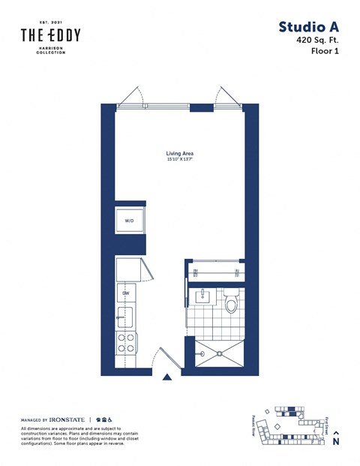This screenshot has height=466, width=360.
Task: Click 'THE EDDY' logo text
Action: [x=50, y=35]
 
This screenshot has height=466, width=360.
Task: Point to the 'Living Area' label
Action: [x=179, y=152]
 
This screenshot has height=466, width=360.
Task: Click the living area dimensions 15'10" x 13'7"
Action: [x=179, y=159]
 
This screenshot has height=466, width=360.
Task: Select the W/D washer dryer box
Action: [x=129, y=221]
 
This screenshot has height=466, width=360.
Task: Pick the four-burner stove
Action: [x=126, y=343]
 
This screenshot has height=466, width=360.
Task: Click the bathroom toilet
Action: [x=232, y=302]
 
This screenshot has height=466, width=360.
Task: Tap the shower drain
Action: [x=219, y=352]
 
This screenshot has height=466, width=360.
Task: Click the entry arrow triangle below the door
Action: [x=168, y=377]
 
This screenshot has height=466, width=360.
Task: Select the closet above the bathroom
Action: [x=215, y=272]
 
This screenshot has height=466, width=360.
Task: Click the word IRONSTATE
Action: [x=67, y=419]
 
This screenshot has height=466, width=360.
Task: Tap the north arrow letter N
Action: [x=335, y=442]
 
